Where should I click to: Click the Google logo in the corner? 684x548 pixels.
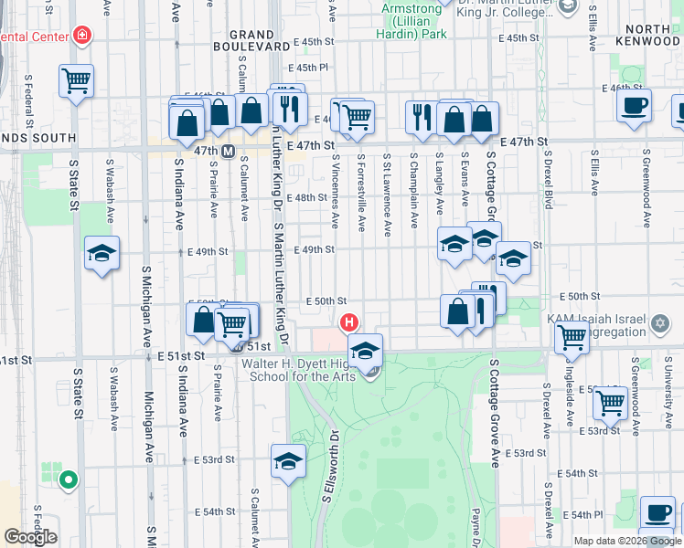point(30,537)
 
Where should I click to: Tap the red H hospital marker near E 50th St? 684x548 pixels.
point(348,322)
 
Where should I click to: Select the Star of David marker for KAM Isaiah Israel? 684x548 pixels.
point(659,324)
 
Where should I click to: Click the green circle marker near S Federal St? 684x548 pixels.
point(68,479)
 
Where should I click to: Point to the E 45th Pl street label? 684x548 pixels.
point(309,68)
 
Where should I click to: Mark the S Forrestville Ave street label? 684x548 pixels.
point(362,193)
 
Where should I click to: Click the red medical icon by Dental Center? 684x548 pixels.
point(82,36)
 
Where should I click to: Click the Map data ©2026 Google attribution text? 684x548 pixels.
point(627,540)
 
